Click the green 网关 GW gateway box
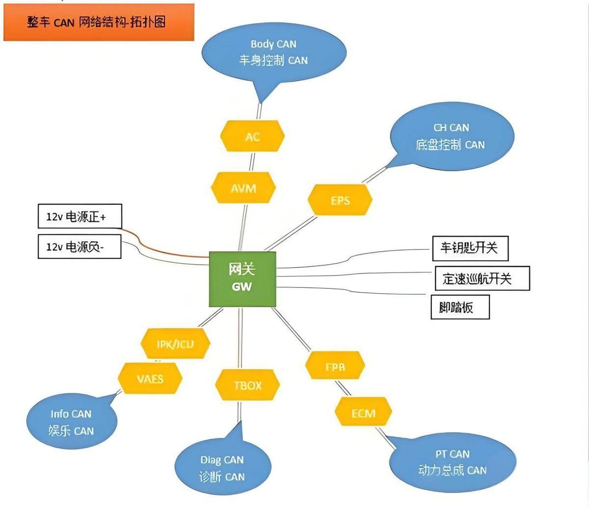click(242, 279)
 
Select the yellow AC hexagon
click(252, 136)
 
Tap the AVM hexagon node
click(243, 188)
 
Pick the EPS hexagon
click(340, 200)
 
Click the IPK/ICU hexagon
click(175, 344)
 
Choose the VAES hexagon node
click(150, 379)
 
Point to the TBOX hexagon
click(247, 385)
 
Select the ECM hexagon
click(363, 413)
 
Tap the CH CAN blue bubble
click(452, 136)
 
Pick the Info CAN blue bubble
click(72, 422)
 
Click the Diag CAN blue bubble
click(222, 468)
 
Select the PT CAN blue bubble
click(452, 462)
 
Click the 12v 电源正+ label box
click(80, 216)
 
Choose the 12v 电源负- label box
click(80, 246)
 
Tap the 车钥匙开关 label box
click(470, 248)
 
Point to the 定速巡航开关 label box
click(482, 279)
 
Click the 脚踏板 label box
click(460, 307)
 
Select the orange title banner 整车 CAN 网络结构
click(99, 22)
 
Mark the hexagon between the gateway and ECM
click(335, 366)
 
